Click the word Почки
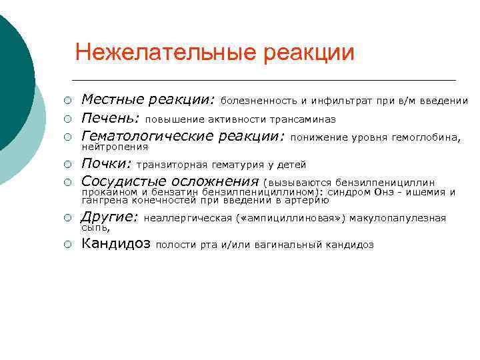tap(106, 164)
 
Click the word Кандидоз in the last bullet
tap(115, 244)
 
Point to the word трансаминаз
tap(302, 120)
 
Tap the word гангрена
tap(101, 199)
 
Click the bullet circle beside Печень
tap(67, 119)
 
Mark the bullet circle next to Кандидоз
tap(67, 245)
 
